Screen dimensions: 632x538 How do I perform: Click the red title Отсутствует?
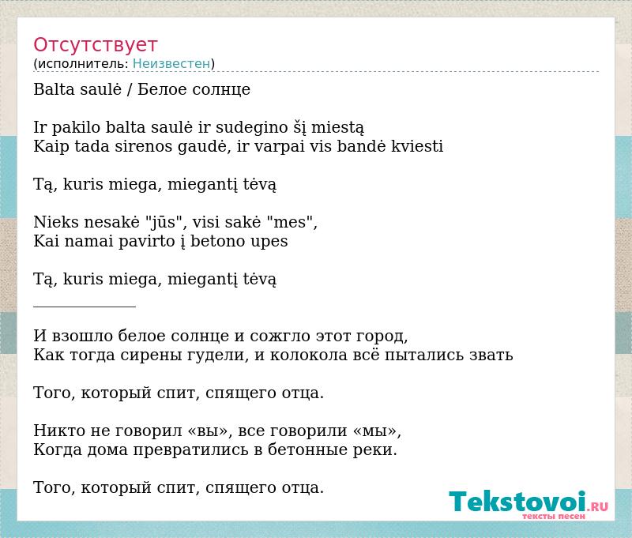click(x=95, y=45)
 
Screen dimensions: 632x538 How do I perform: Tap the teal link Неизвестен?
click(x=171, y=64)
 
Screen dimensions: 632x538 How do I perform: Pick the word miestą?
click(x=338, y=127)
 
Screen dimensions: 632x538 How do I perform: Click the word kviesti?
click(x=417, y=146)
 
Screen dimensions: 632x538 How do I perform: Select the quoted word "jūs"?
click(x=164, y=222)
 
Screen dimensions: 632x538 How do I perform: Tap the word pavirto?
click(x=146, y=242)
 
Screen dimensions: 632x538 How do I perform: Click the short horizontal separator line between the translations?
click(x=85, y=307)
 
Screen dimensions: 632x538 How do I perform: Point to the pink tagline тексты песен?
click(x=554, y=516)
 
